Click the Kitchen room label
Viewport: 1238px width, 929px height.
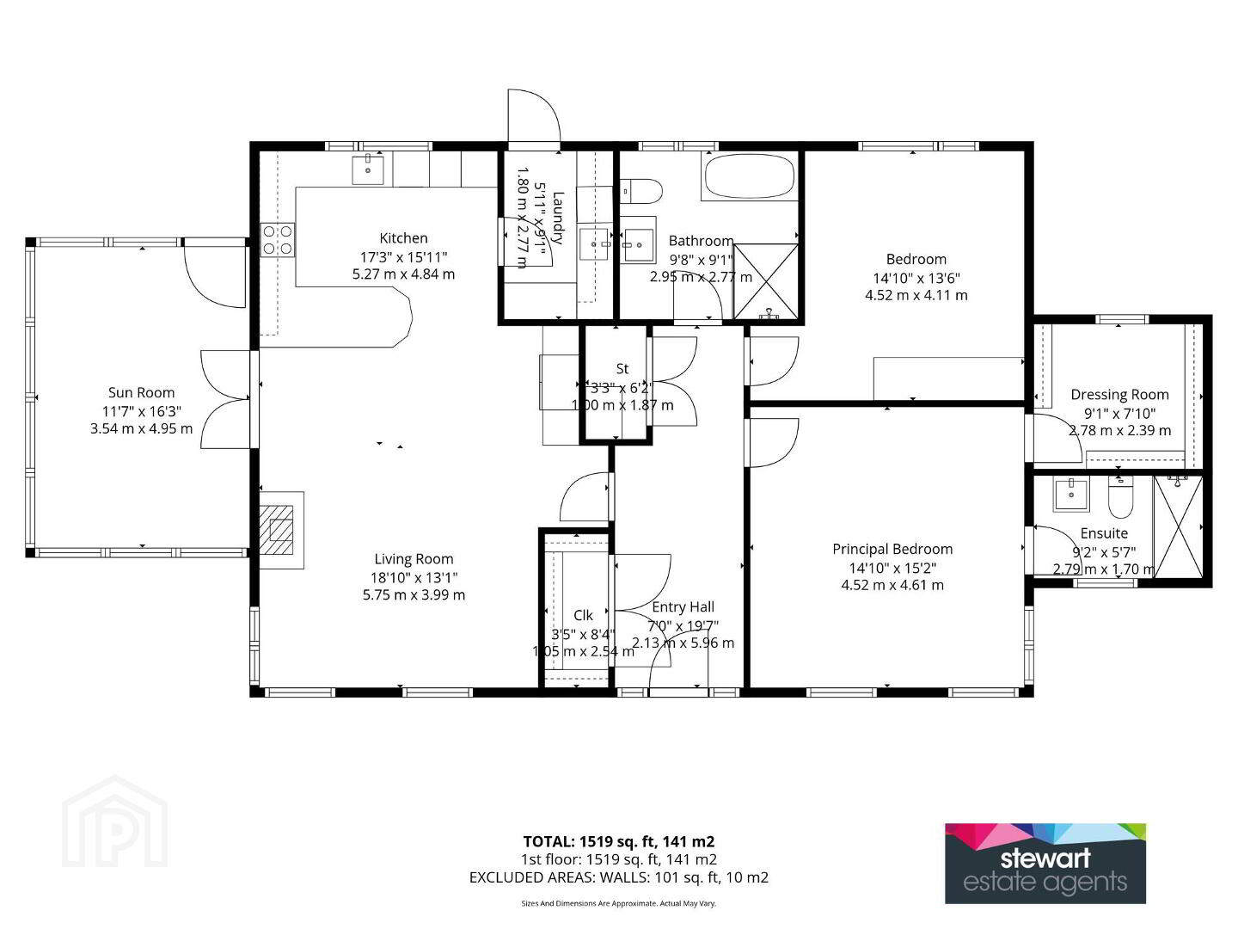coord(403,238)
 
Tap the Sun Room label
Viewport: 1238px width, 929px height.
coord(142,392)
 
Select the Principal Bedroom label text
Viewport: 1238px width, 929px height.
coord(892,550)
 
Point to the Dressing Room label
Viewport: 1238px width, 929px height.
coord(1119,395)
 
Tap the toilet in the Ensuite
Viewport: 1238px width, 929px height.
coord(1120,497)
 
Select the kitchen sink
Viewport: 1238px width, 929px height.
coord(368,168)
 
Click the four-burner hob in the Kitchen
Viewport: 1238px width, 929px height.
coord(278,240)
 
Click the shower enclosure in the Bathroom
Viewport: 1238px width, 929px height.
coord(766,281)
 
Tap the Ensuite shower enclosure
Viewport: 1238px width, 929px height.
coord(1179,526)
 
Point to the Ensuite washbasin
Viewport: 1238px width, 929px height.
coord(1071,495)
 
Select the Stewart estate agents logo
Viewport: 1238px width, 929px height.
coord(1045,863)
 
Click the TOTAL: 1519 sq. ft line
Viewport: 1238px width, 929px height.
coord(619,841)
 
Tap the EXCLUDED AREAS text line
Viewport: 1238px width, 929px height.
coord(619,877)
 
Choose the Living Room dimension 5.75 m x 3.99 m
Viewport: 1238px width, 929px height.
coord(414,595)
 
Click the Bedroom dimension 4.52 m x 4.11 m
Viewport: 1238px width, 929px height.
coord(916,295)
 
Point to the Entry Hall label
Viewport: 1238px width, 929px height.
coord(683,607)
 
